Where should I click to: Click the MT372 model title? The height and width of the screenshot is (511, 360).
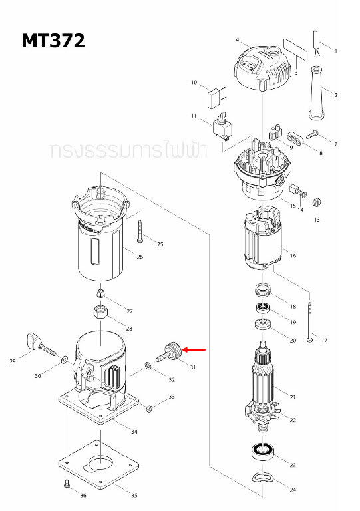pos(53,41)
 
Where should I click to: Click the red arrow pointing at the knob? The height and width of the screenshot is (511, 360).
pos(195,349)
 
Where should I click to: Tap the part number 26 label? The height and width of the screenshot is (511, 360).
pos(139,257)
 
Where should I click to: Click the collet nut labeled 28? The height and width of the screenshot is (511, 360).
pos(100,312)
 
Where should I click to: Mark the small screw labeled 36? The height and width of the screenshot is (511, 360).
pos(67,484)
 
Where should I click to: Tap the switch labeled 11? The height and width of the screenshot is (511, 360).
pos(220,127)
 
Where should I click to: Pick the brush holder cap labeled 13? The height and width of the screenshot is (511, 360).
pos(317,202)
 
